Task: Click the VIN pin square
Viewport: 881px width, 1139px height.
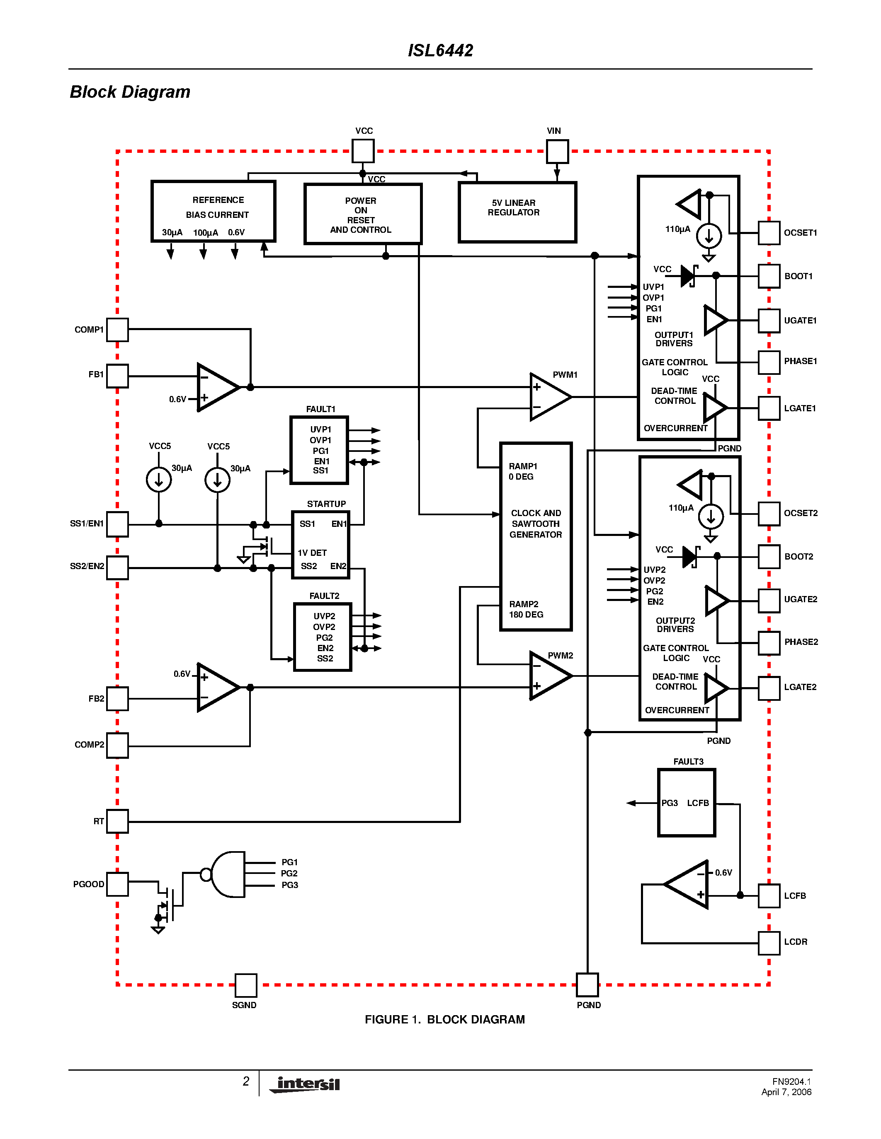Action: point(557,151)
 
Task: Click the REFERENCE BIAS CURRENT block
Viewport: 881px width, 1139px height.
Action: point(213,211)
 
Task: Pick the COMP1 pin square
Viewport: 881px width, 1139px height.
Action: point(117,330)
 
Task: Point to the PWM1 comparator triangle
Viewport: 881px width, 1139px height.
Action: point(549,397)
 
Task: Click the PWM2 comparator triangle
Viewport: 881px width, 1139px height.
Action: point(549,676)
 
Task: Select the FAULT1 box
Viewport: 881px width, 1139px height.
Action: point(319,450)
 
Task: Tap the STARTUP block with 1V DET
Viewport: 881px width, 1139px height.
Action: point(320,545)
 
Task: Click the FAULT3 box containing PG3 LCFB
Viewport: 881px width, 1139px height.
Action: point(686,803)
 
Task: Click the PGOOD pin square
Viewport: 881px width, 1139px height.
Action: point(117,884)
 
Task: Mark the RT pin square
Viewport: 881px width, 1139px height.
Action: point(117,821)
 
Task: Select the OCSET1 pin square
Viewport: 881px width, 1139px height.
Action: point(769,233)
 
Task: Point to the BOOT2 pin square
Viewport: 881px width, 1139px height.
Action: point(769,557)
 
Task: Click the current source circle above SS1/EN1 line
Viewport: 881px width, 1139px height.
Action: point(159,479)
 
